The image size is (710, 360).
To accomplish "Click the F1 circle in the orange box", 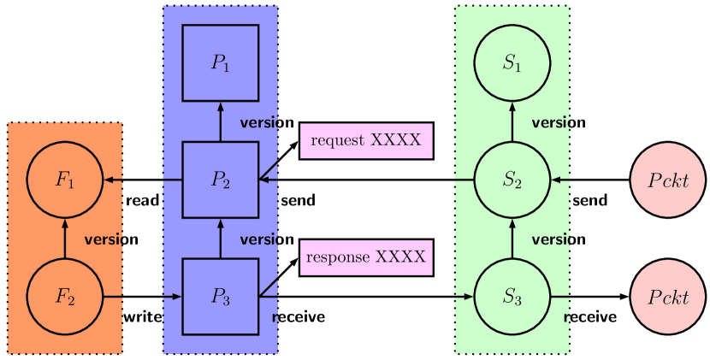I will pyautogui.click(x=65, y=180).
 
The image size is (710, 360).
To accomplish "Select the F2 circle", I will pyautogui.click(x=65, y=297).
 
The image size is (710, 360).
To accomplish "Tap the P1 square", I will pyautogui.click(x=221, y=62).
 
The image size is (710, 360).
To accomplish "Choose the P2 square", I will pyautogui.click(x=221, y=180).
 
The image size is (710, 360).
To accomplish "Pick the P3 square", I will pyautogui.click(x=221, y=297).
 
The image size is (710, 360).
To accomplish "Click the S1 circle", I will pyautogui.click(x=512, y=62).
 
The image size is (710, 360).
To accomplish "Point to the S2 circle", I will pyautogui.click(x=512, y=180).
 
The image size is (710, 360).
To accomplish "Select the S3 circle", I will pyautogui.click(x=512, y=297).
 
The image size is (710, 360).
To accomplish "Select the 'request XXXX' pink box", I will pyautogui.click(x=366, y=140).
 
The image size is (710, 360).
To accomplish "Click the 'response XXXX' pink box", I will pyautogui.click(x=366, y=257).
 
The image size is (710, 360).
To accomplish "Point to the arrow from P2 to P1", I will pyautogui.click(x=221, y=121).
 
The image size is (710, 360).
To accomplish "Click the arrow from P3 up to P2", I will pyautogui.click(x=221, y=239).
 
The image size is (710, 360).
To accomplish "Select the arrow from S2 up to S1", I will pyautogui.click(x=512, y=121).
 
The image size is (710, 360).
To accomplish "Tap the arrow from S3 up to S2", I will pyautogui.click(x=512, y=239).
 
